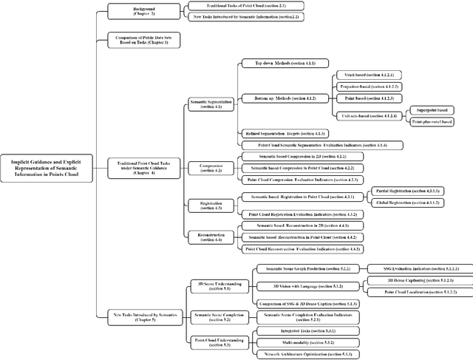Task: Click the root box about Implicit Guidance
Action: click(43, 167)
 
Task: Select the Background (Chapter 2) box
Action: click(132, 10)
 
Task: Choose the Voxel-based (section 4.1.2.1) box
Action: click(364, 75)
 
